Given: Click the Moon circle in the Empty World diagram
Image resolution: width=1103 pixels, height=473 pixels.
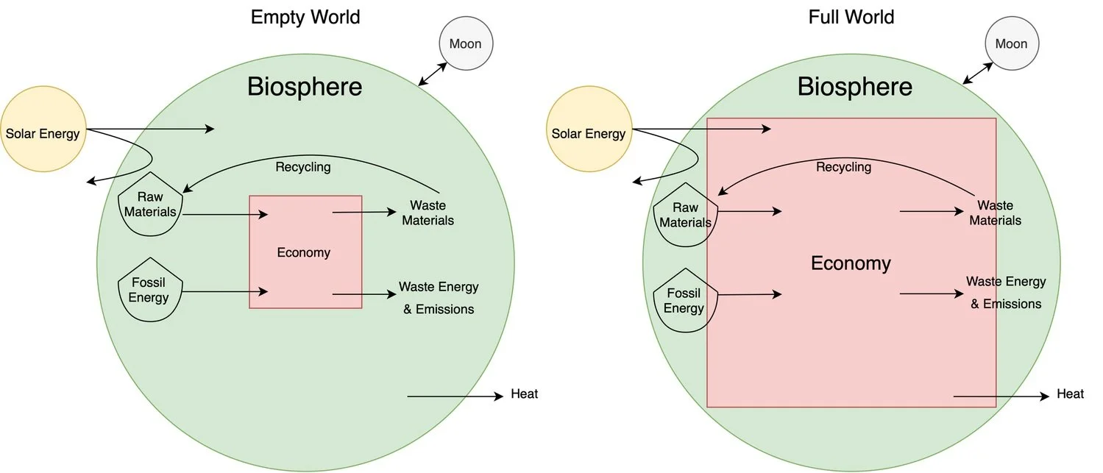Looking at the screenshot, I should [465, 43].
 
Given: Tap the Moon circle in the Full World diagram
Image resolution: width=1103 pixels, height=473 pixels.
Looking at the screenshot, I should [1011, 43].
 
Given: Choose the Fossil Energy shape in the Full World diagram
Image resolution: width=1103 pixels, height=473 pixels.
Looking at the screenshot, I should [684, 297].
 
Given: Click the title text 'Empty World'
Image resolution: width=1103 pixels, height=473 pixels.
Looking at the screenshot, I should [305, 17].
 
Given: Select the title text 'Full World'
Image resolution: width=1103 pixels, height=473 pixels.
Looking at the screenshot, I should [851, 17].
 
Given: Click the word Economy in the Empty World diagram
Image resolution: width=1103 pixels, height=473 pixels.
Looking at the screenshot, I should [303, 252].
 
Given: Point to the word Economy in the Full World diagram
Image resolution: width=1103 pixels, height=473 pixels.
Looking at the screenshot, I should [851, 263].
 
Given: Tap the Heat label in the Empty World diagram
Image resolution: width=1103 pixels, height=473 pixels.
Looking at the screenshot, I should [524, 394].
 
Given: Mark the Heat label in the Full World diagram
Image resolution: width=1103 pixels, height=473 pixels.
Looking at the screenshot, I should [1070, 394].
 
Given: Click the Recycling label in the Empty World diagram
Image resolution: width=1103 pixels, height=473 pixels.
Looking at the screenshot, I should [303, 167].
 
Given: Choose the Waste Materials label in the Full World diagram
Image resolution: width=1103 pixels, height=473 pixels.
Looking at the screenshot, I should [995, 213].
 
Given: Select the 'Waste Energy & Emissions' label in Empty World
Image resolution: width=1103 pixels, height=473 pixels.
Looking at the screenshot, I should [439, 298].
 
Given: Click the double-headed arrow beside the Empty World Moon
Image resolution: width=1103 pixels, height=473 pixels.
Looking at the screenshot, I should [433, 74].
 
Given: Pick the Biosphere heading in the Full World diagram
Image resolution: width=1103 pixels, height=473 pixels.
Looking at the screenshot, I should [854, 87].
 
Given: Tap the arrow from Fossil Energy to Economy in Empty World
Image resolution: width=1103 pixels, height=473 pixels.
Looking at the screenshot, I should [224, 292].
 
